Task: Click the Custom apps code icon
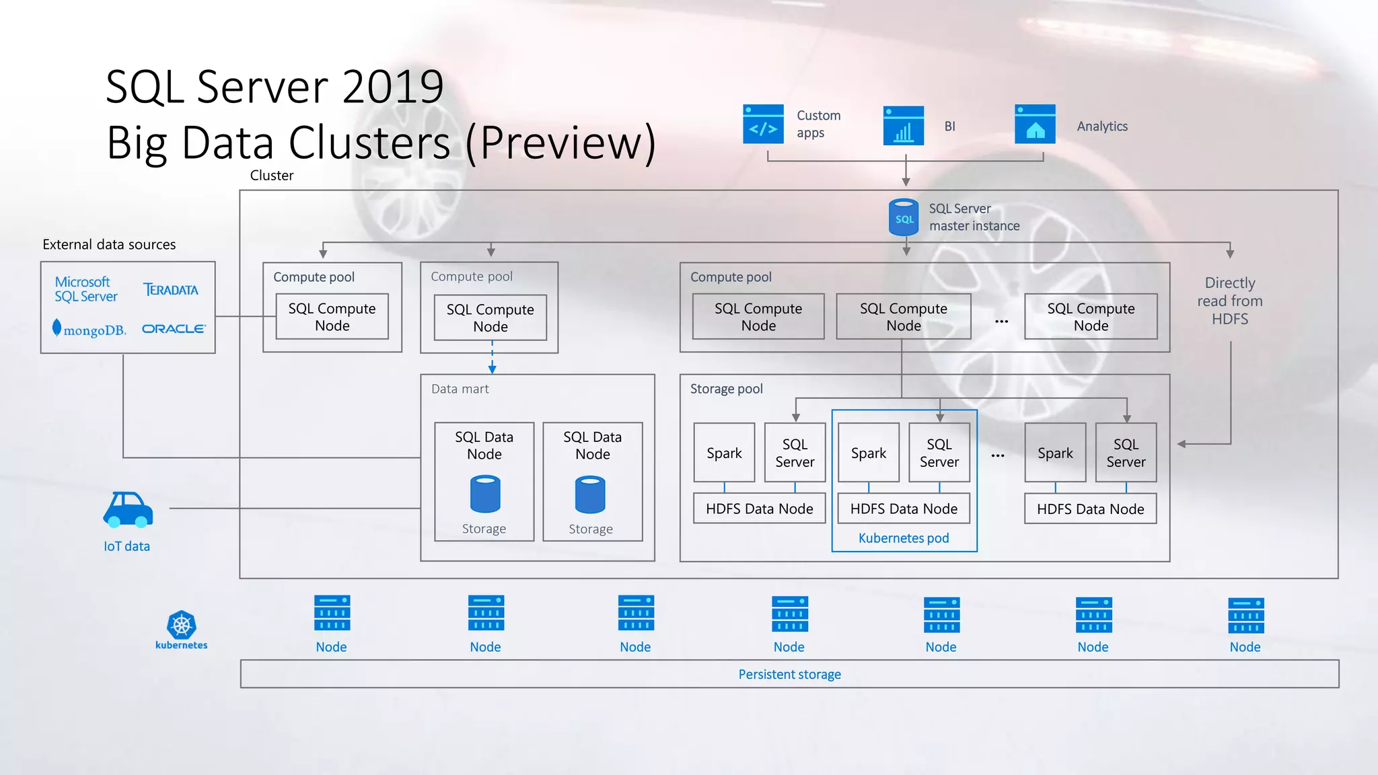763,124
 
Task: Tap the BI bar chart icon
903,126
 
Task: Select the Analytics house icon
1035,124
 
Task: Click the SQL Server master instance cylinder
904,217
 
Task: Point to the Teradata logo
171,290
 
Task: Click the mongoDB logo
90,330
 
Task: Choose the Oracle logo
174,329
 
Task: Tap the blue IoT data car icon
128,509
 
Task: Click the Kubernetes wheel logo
182,626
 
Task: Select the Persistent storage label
789,674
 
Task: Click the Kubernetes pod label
904,538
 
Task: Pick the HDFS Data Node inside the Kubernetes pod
904,509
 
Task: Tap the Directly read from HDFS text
1229,301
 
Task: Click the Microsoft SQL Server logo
85,289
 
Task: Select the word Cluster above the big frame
272,176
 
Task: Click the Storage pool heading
726,389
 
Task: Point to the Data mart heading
460,389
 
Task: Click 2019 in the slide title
393,87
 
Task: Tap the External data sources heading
109,245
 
